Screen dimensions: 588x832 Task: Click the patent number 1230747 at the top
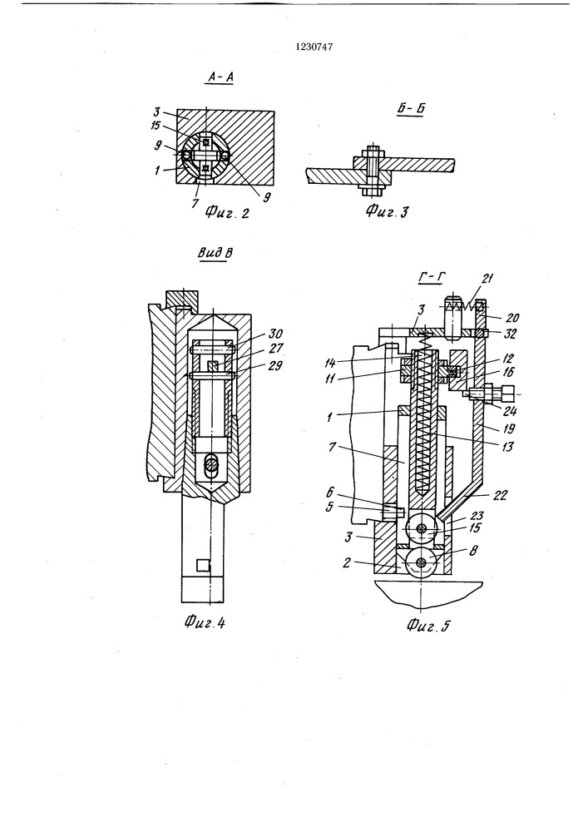[314, 47]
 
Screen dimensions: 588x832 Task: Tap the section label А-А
[220, 77]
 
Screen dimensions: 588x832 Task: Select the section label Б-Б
[411, 109]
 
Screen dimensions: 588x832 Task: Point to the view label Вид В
[215, 253]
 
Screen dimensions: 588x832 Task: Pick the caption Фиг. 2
[227, 213]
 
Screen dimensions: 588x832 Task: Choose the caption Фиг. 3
[387, 212]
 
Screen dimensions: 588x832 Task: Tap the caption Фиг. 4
[205, 622]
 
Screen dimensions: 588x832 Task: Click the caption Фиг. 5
[428, 626]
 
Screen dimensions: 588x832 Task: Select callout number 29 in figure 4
[275, 365]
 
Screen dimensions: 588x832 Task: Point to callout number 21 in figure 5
[487, 279]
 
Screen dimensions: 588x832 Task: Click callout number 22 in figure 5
[500, 495]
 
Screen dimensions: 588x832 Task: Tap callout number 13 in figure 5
[507, 447]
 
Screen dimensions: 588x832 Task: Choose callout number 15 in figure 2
[156, 126]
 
